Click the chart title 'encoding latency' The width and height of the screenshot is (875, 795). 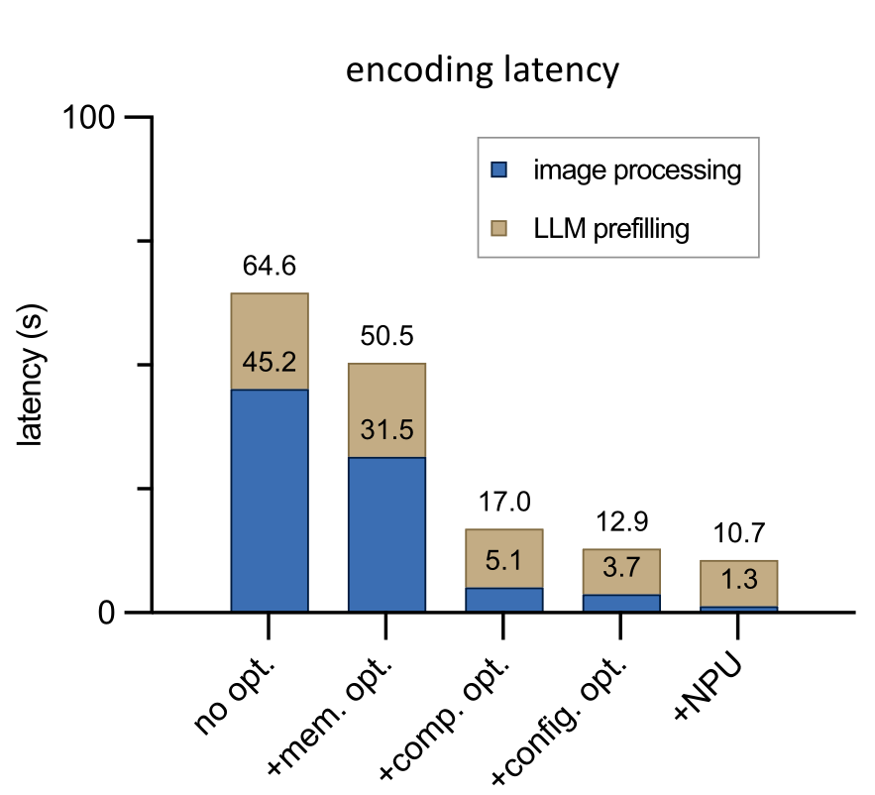pyautogui.click(x=481, y=71)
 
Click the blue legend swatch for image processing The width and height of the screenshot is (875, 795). pyautogui.click(x=500, y=170)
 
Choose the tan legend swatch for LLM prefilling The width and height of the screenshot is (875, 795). pyautogui.click(x=500, y=229)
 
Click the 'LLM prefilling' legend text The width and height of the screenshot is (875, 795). pyautogui.click(x=610, y=229)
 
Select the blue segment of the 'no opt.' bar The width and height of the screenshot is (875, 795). pyautogui.click(x=270, y=501)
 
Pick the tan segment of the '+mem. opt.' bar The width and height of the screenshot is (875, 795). pyautogui.click(x=386, y=397)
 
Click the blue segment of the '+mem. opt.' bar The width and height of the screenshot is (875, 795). pyautogui.click(x=386, y=535)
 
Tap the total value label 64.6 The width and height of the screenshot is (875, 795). pyautogui.click(x=270, y=267)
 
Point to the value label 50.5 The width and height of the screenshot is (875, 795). pyautogui.click(x=386, y=337)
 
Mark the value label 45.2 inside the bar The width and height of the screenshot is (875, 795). pyautogui.click(x=270, y=363)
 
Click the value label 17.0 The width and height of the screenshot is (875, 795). pyautogui.click(x=504, y=503)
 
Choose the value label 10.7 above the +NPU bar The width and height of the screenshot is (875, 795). pyautogui.click(x=738, y=534)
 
